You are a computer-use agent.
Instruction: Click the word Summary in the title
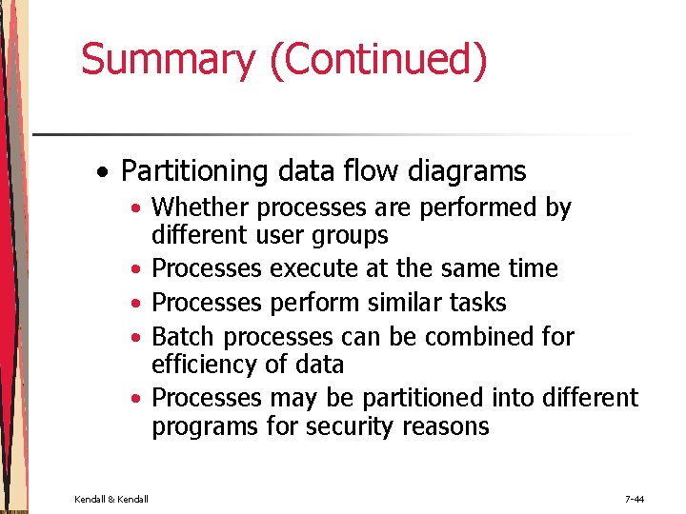(x=168, y=59)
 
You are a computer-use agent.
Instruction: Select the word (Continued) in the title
(x=378, y=59)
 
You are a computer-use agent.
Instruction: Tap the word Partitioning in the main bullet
(x=196, y=171)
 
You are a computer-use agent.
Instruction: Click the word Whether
(x=201, y=207)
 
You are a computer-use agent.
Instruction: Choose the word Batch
(x=184, y=337)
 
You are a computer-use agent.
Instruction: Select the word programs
(x=204, y=426)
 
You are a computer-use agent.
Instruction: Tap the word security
(x=349, y=426)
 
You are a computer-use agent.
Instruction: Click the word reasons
(x=446, y=426)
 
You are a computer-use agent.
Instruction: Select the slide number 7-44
(x=635, y=498)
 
